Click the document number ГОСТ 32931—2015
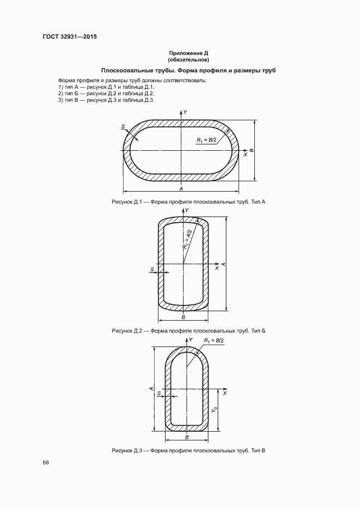70,36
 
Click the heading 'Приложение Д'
188,53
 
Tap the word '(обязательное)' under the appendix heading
188,60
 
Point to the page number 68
46,463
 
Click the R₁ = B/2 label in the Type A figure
206,140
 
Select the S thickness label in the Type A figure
123,127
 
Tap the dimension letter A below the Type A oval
181,188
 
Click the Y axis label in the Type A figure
185,112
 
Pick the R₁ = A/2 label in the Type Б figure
187,240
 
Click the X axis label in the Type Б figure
217,268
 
